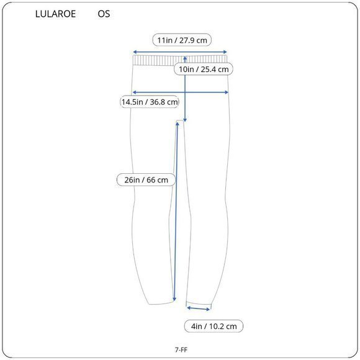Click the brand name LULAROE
[x=55, y=14]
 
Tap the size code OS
[x=104, y=14]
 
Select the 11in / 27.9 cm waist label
[x=182, y=40]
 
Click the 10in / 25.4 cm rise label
[x=204, y=69]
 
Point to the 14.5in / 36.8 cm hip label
[x=149, y=102]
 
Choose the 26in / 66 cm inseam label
[x=146, y=180]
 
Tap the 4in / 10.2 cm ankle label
[x=214, y=326]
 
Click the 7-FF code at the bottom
[x=181, y=349]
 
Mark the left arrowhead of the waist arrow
[x=135, y=52]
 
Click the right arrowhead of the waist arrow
[x=225, y=52]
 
